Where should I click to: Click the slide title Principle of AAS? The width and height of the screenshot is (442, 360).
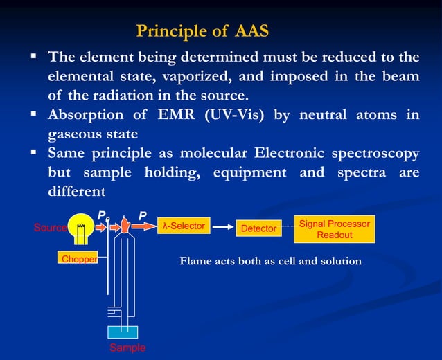202,31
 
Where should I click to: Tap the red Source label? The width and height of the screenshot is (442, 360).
50,228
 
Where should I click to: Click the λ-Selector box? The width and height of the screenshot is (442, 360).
184,226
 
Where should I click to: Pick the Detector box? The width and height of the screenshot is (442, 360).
258,228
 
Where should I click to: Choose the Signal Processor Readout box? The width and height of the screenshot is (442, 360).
334,229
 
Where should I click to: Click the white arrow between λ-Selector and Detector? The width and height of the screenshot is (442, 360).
222,226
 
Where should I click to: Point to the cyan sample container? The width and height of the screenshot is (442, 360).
123,332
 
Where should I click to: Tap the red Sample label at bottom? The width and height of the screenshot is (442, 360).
127,348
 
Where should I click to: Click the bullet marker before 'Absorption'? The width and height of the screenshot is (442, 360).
33,113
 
